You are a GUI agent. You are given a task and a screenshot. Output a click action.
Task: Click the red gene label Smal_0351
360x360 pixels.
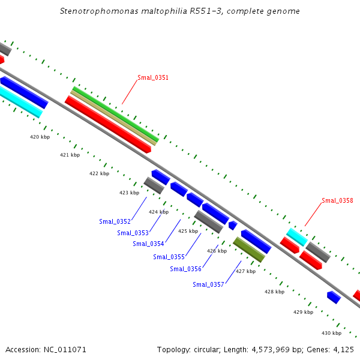point(153,77)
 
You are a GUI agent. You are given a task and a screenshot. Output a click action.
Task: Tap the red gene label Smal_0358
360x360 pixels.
point(337,200)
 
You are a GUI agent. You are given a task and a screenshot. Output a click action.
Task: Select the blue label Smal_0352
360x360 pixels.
point(115,221)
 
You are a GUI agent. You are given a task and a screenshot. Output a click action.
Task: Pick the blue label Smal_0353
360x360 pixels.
point(133,233)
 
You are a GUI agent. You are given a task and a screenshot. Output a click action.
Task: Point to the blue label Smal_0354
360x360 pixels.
point(148,244)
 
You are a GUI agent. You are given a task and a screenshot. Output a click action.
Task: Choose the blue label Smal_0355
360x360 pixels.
point(169,257)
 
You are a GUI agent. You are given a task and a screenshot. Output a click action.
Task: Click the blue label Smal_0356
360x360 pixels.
point(185,269)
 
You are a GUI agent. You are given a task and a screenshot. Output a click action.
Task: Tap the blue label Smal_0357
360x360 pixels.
point(208,284)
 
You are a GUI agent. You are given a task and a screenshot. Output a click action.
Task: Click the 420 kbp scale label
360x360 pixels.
point(40,137)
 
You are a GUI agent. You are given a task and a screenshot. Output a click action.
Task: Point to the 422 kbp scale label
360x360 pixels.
point(99,173)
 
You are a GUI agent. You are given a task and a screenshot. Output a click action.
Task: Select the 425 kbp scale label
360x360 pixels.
point(188,231)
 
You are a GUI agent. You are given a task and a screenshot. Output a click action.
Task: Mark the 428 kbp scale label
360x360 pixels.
point(274,292)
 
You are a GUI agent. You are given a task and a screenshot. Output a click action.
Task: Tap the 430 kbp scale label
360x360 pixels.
point(331,333)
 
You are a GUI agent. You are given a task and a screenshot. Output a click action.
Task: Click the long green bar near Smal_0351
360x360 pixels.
point(115,114)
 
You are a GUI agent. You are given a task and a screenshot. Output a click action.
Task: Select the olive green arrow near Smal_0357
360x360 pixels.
point(249,250)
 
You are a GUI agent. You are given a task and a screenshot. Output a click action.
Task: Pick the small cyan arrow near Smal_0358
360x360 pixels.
point(296,236)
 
